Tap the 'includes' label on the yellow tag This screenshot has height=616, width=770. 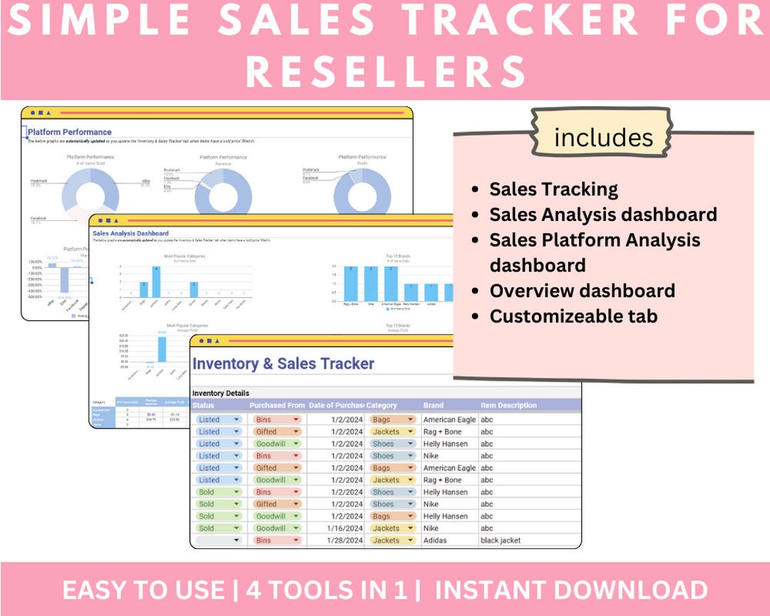(x=603, y=137)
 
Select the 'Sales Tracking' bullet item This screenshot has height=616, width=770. (x=553, y=190)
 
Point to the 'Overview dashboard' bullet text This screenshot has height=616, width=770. (x=582, y=291)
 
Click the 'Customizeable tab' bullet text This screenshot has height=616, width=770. (x=573, y=317)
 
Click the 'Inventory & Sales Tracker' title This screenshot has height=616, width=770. (x=283, y=364)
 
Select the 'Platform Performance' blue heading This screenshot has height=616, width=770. (x=70, y=132)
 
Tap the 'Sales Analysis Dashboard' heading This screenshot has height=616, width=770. (x=130, y=233)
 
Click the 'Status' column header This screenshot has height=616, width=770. (x=208, y=406)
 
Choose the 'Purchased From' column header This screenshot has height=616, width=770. (x=277, y=406)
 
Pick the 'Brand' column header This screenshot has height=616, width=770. (x=433, y=406)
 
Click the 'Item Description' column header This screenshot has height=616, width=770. (x=508, y=406)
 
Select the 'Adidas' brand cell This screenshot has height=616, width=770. (x=435, y=540)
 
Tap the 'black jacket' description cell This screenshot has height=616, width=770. (x=500, y=540)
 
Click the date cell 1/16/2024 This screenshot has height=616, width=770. (x=347, y=528)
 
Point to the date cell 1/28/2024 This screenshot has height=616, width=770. (x=347, y=540)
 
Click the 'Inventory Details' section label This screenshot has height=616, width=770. (x=221, y=394)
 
